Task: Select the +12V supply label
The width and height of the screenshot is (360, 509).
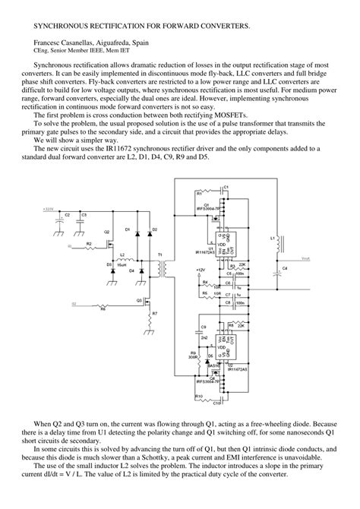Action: [x=200, y=270]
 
